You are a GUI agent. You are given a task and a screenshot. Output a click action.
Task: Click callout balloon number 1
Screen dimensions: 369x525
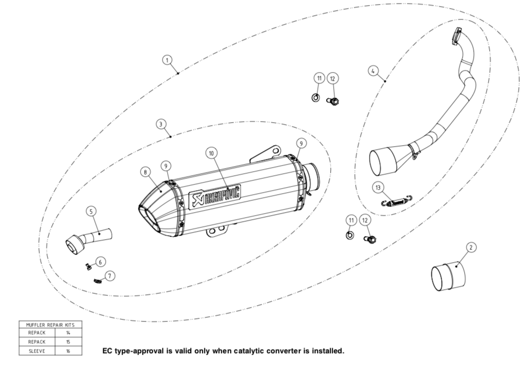167,60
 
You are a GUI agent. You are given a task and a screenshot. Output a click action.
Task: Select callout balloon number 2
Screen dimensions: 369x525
471,247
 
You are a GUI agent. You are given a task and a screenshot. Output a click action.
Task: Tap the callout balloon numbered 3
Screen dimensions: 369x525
161,124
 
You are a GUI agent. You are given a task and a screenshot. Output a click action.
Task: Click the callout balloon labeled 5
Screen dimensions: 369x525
91,211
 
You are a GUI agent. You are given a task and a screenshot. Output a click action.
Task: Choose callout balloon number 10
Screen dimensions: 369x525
212,152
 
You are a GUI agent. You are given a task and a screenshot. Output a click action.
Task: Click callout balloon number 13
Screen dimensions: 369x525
378,188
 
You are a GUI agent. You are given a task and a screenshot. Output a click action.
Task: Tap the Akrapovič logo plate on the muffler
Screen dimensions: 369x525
215,196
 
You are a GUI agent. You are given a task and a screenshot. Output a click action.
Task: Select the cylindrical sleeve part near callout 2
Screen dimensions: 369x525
449,277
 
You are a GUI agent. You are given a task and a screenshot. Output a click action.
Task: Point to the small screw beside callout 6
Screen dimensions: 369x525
87,266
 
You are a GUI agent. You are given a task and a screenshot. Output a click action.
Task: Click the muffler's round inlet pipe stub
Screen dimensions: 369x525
312,176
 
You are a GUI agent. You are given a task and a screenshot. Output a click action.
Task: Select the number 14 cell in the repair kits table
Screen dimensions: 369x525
68,333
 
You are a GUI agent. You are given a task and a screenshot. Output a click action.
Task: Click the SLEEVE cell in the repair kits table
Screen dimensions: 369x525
37,351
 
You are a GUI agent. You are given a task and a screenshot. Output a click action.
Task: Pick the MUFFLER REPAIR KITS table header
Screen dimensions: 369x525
50,324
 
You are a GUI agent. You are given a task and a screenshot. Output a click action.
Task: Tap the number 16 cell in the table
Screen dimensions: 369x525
68,351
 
